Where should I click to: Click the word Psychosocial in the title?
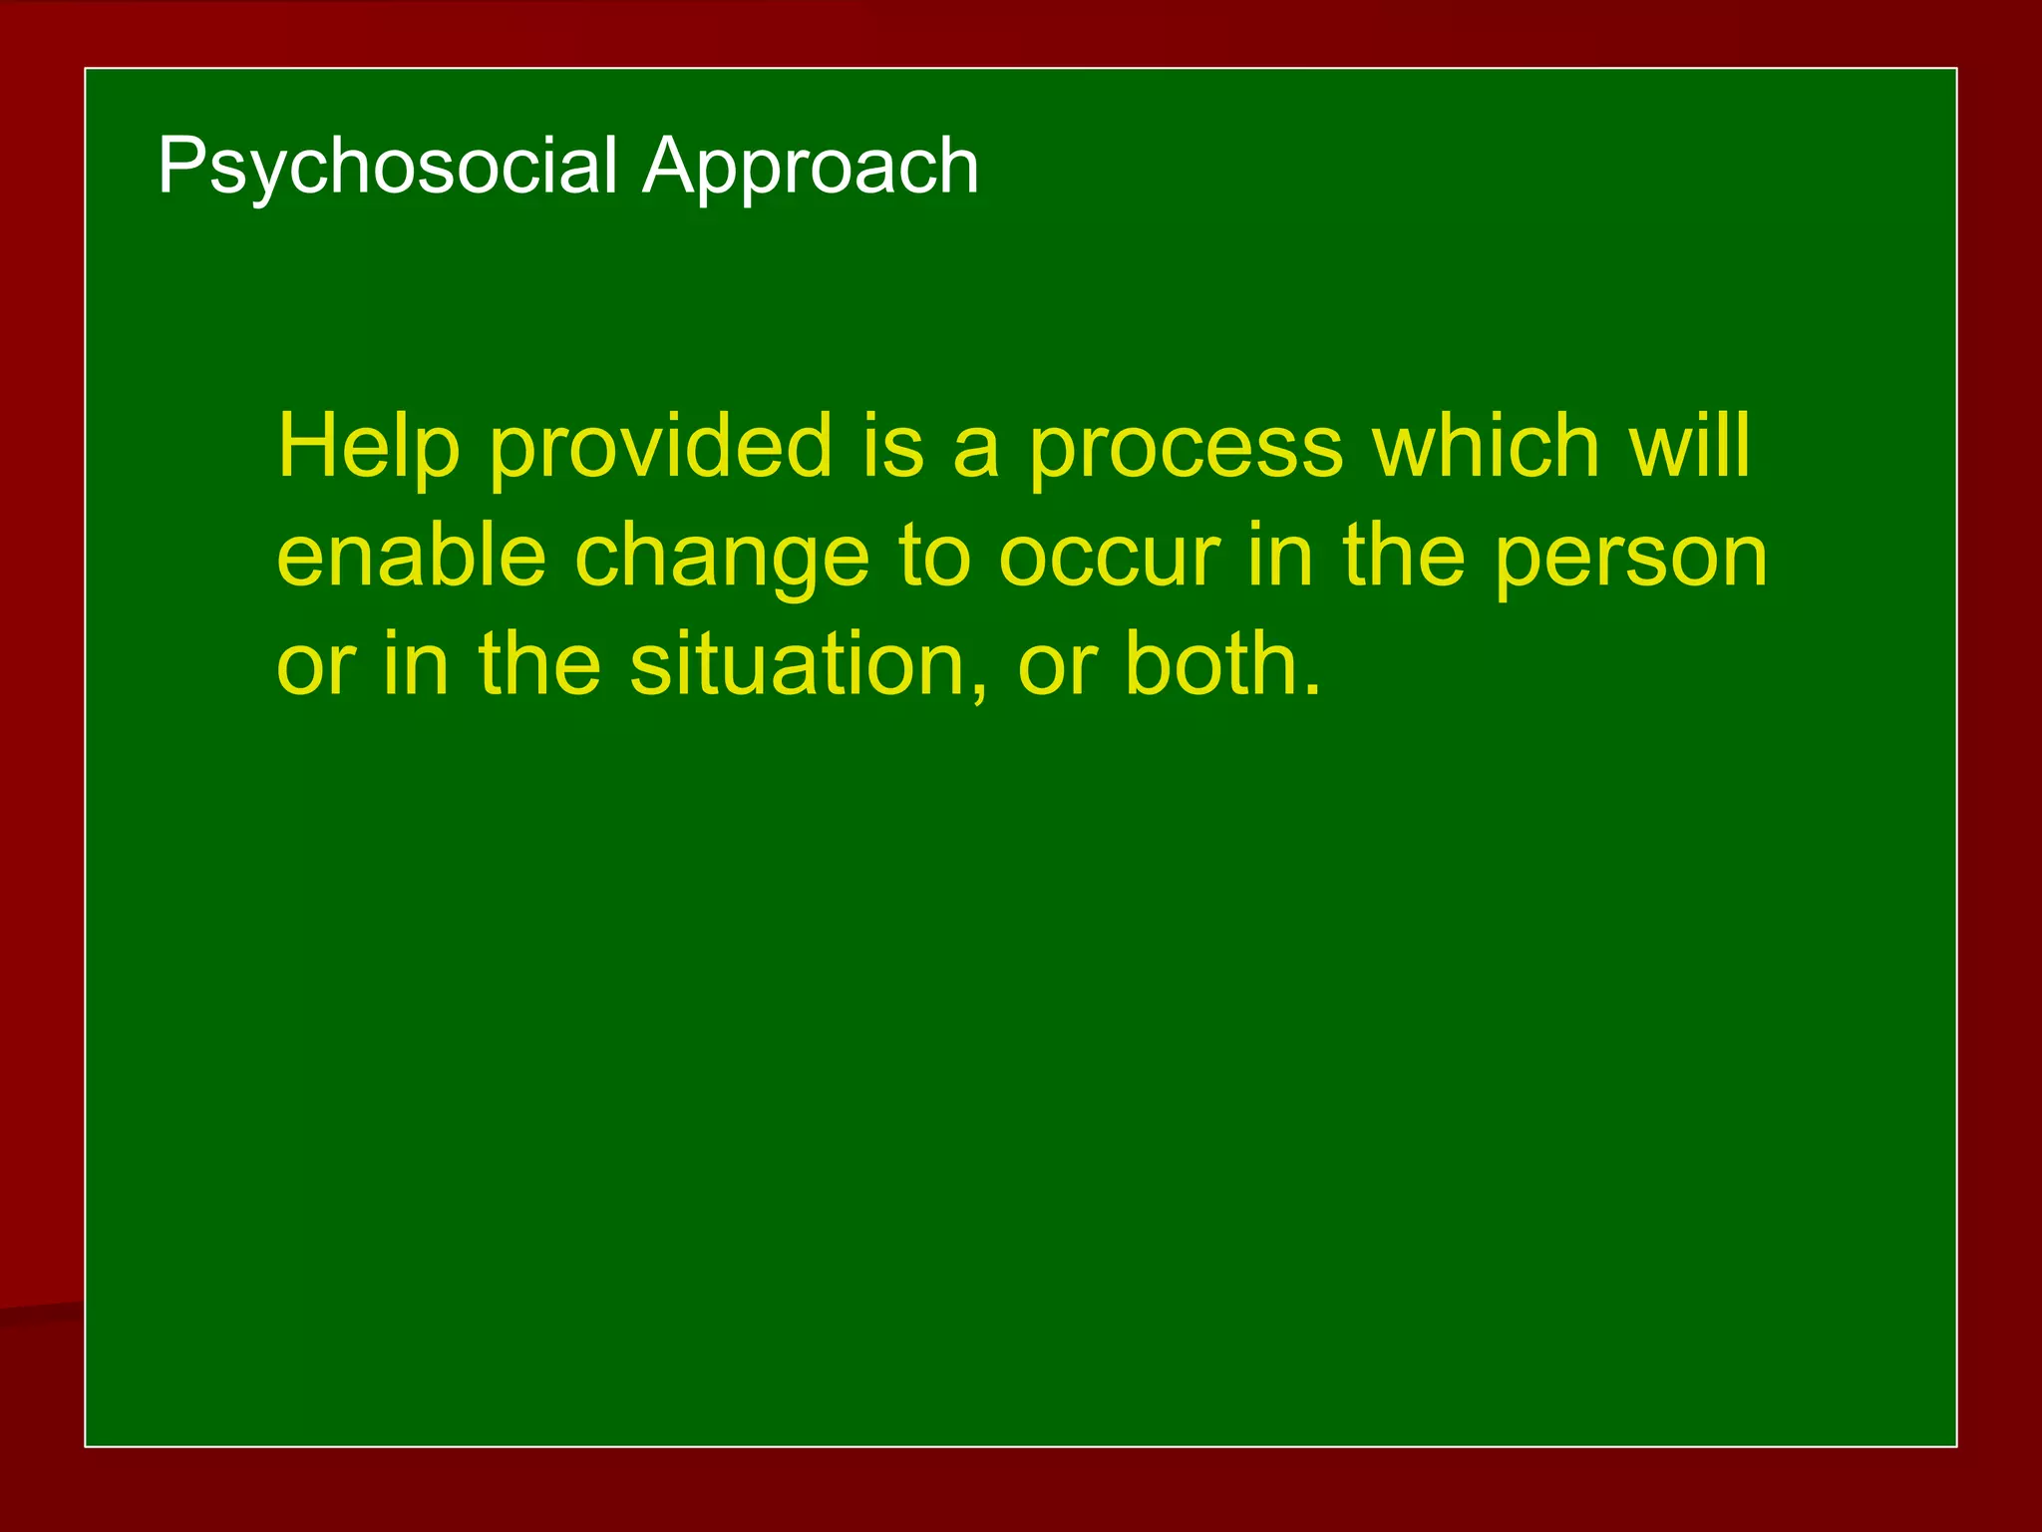coord(387,166)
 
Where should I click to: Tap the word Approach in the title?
coord(810,166)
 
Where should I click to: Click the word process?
coord(1186,449)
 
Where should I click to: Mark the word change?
coord(723,559)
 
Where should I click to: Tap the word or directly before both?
coord(1057,666)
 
